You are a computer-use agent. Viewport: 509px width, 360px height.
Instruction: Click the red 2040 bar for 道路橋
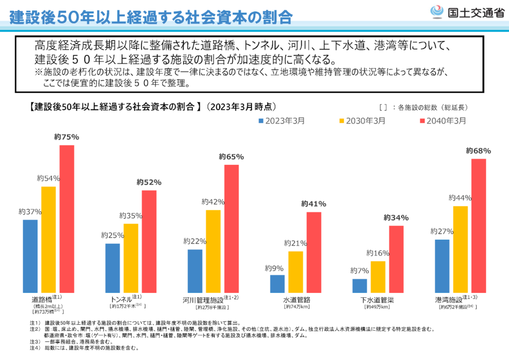point(67,219)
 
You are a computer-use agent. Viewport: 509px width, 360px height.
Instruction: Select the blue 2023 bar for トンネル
point(112,268)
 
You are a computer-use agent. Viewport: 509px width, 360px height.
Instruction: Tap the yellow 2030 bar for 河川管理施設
point(213,251)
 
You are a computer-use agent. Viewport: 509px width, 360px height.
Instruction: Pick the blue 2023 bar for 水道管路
point(277,283)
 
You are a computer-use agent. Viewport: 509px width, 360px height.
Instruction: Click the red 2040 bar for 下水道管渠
point(396,259)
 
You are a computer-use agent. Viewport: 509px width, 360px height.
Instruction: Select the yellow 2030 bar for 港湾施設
point(460,249)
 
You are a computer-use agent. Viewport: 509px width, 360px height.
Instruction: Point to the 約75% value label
point(67,137)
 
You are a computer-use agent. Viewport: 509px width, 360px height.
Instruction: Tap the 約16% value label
point(378,253)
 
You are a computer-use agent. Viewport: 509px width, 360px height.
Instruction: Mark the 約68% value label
point(479,151)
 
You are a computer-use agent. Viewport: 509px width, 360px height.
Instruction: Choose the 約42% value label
point(213,202)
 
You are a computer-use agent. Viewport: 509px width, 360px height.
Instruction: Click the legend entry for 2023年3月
point(281,121)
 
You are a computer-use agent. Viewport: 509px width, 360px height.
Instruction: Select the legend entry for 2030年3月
point(362,121)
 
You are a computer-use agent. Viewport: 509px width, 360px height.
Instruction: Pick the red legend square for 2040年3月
point(424,121)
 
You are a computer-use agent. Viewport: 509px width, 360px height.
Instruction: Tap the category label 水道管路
point(296,300)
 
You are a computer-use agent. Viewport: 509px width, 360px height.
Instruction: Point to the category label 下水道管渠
point(377,300)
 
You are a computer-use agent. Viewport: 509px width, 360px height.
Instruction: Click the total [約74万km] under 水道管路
point(297,307)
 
